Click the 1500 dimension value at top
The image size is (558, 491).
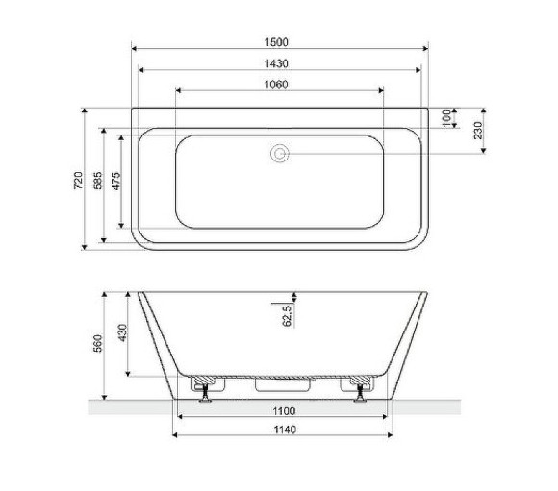tap(279, 41)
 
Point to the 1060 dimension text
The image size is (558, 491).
tap(279, 84)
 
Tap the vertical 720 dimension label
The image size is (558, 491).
tap(79, 179)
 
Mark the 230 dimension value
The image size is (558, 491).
tap(477, 130)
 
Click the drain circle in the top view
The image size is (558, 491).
tap(280, 153)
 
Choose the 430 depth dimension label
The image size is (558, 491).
tap(121, 333)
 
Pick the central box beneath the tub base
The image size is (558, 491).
tap(280, 385)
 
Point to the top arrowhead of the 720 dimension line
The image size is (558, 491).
tap(86, 110)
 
